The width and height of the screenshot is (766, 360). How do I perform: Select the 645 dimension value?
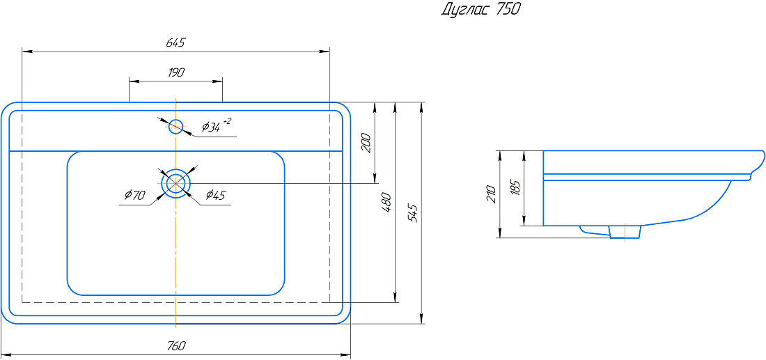coord(175,42)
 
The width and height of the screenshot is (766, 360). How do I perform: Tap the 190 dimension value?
coord(176,73)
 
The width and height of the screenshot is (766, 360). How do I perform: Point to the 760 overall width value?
coord(176,346)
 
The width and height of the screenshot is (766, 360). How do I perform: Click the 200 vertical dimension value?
coord(368,143)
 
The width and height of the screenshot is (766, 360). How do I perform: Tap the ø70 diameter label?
coord(134,196)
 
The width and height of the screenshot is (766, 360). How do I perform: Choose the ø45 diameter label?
coord(215,195)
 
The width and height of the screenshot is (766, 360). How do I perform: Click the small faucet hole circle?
coord(176,127)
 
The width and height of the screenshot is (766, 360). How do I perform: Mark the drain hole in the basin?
coord(176,184)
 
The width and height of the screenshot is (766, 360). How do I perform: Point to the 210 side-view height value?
coord(492,194)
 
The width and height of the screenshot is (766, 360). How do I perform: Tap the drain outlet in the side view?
coord(625,232)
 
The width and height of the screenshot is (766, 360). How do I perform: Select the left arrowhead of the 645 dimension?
coord(27,51)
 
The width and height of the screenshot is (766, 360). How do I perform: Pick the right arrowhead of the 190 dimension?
coord(217,81)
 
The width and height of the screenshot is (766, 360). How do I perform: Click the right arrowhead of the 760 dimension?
coord(346,354)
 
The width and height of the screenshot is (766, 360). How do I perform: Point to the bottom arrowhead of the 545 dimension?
coord(421,318)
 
